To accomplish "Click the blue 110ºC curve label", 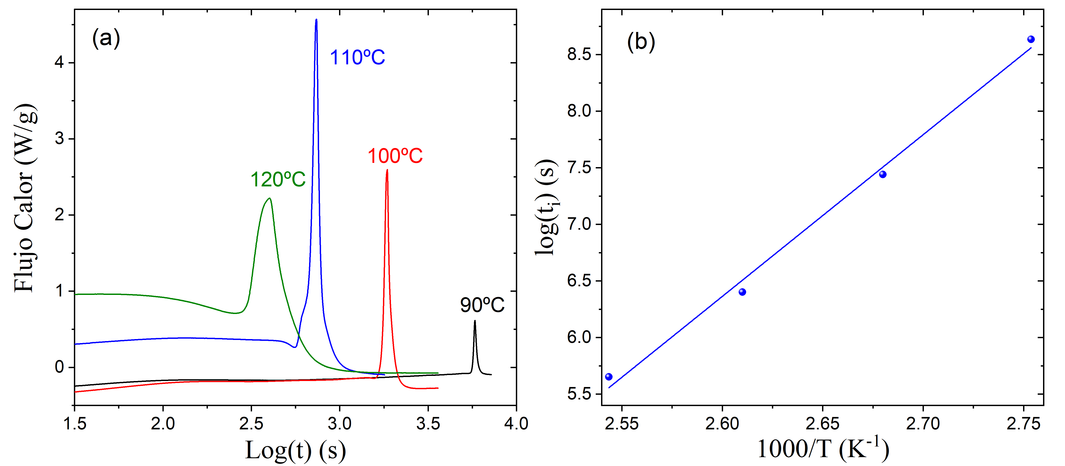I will (357, 57).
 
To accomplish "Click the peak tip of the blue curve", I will (316, 20).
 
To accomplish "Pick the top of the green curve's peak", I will (270, 198).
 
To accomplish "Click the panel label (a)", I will (106, 38).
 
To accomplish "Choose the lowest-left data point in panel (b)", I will (609, 377).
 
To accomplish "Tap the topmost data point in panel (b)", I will (1031, 39).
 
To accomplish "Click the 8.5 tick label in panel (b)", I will (580, 55).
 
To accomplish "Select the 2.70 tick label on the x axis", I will (923, 423).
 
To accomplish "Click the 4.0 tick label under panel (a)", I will (516, 423).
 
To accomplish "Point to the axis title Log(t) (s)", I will (295, 451).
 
